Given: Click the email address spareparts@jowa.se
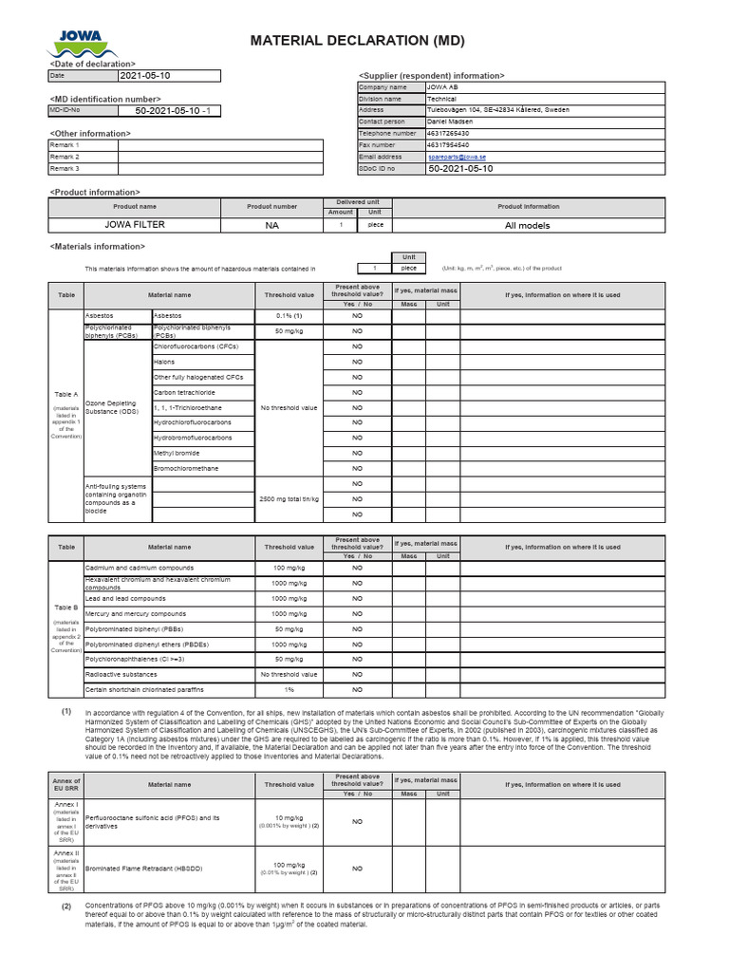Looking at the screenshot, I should [457, 157].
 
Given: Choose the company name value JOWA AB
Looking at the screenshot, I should [442, 87].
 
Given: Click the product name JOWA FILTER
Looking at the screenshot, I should [134, 225].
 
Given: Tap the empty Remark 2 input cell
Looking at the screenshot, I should [220, 157].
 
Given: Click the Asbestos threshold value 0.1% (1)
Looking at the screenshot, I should [289, 315].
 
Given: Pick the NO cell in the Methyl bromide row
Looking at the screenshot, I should [358, 453].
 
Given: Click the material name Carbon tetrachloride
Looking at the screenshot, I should [185, 392].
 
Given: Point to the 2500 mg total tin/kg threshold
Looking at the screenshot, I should [289, 498].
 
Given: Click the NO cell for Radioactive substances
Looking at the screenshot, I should [358, 674].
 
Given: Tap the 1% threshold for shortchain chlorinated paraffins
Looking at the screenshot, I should [289, 689].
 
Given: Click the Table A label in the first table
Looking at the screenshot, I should [66, 393].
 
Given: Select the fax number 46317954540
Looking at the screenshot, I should [448, 145].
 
